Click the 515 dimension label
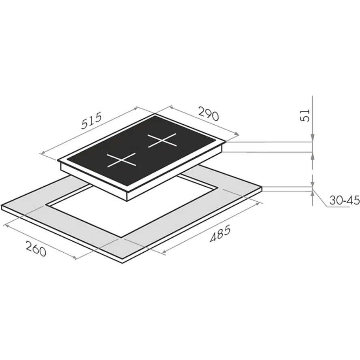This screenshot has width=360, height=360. [x=92, y=121]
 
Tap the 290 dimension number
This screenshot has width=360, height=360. [x=209, y=114]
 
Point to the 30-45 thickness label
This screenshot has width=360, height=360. [x=344, y=200]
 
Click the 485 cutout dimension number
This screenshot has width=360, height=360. [x=220, y=234]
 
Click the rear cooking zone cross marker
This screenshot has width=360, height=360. [x=162, y=140]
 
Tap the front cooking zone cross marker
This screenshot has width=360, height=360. [x=121, y=160]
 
